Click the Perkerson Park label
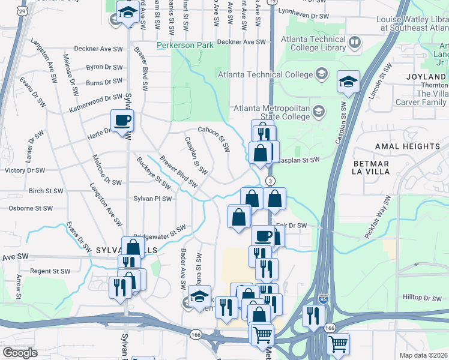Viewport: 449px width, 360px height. click(x=185, y=45)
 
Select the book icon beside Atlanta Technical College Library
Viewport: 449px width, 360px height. click(x=355, y=43)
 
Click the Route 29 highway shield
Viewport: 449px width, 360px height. click(x=23, y=11)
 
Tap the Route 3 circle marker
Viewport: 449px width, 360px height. click(x=271, y=181)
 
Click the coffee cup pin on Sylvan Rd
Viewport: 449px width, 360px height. click(x=122, y=121)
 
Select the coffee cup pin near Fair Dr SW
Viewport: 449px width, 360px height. click(x=262, y=236)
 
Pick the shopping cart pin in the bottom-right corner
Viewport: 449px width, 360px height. click(x=338, y=344)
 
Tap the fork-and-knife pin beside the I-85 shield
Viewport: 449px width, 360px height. click(x=313, y=316)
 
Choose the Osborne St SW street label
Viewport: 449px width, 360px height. click(x=31, y=208)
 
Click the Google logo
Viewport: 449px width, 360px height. click(x=20, y=352)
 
